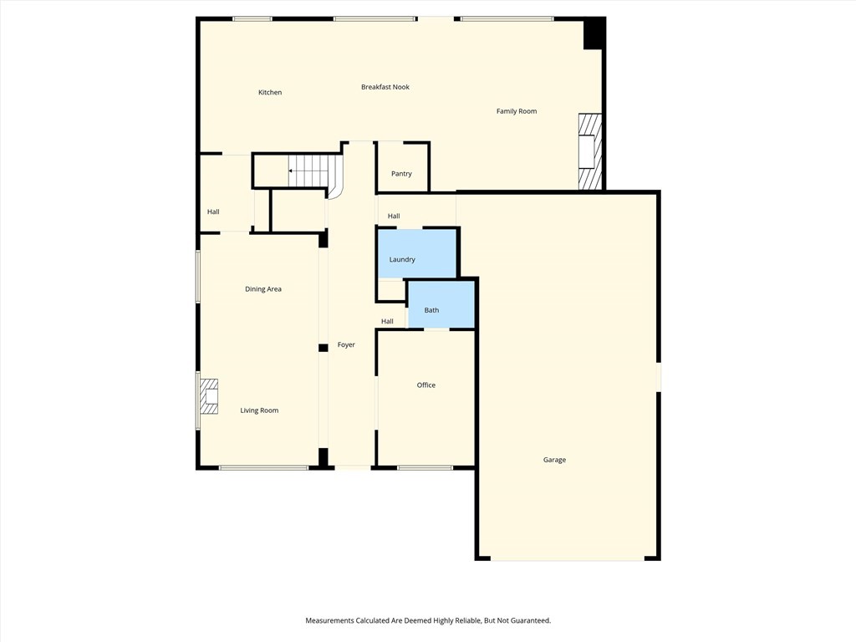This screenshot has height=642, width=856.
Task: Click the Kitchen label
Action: [270, 93]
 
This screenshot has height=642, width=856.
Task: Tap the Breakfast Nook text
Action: [385, 87]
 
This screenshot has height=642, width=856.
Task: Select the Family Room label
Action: [517, 111]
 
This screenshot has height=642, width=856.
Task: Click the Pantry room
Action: [402, 173]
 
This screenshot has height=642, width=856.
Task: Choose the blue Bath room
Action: [441, 304]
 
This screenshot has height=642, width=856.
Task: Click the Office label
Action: [426, 385]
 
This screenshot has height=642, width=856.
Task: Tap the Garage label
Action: [554, 460]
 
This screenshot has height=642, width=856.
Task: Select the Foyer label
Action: [346, 345]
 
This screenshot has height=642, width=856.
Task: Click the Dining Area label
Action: [263, 289]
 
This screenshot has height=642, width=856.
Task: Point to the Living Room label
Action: [259, 410]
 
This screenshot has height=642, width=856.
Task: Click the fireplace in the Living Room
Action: [208, 397]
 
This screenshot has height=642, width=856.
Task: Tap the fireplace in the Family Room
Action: [589, 151]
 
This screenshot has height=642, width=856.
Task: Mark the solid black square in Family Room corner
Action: [594, 33]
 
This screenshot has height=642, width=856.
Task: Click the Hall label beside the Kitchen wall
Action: [213, 212]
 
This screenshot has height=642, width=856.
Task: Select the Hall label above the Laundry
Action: [394, 217]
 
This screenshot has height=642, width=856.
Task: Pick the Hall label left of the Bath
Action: [387, 322]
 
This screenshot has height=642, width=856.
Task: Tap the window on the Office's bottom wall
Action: [425, 467]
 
